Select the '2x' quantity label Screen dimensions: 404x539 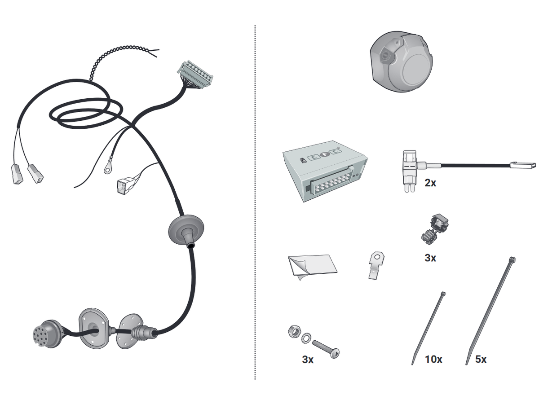[x=430, y=183]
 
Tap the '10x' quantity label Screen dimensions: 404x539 [x=433, y=359]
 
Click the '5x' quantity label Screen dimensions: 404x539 [x=481, y=359]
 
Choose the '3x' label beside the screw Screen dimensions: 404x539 [x=308, y=360]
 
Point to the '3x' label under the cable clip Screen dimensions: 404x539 [x=430, y=258]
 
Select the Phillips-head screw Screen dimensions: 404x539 [x=326, y=349]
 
